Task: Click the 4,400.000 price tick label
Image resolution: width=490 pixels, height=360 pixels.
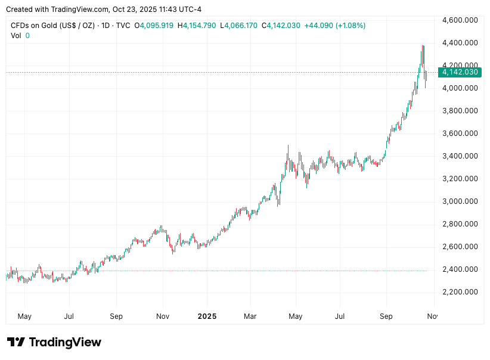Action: coord(460,43)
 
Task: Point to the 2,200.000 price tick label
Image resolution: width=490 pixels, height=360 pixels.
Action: coord(460,292)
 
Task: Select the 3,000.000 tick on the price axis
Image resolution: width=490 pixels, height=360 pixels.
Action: coord(460,201)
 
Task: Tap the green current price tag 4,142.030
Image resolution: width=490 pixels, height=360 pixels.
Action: coord(458,72)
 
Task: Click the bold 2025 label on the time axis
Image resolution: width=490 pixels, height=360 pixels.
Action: coord(206,316)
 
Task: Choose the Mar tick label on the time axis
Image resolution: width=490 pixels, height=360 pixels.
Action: coord(250,316)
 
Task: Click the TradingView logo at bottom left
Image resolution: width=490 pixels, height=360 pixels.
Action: coord(54,342)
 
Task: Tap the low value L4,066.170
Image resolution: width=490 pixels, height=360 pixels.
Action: coord(238,26)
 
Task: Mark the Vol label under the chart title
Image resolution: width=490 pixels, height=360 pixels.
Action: coord(16,36)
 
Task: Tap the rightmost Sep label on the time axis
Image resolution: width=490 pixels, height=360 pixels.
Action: coord(386,316)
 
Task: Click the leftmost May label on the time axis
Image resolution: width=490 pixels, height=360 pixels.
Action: coord(24,316)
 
